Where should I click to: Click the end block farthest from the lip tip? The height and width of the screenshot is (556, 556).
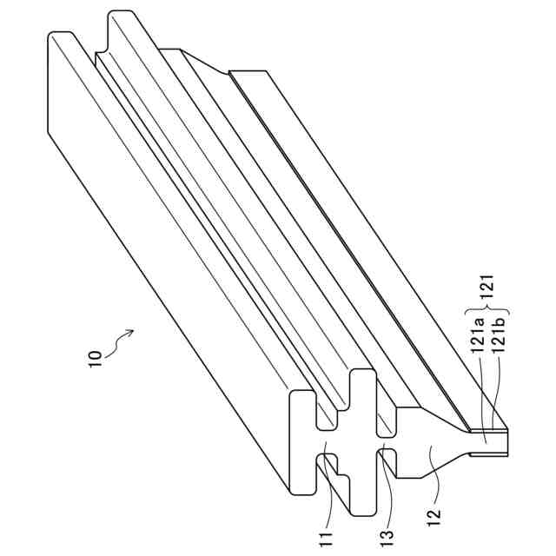pos(299,443)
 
